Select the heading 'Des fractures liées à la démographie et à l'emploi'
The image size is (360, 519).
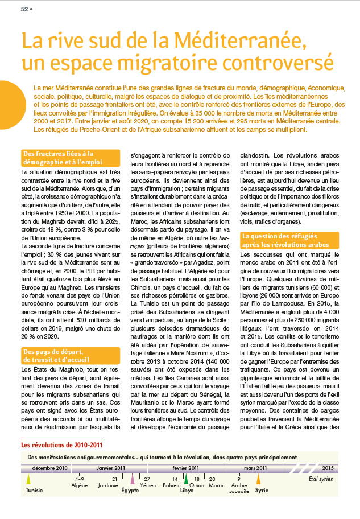click(70, 158)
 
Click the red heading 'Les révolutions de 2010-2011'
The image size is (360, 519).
click(62, 444)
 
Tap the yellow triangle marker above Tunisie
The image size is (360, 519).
click(28, 479)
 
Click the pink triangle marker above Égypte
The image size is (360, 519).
click(133, 479)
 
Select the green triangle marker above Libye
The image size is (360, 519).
click(185, 479)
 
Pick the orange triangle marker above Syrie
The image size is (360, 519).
click(259, 479)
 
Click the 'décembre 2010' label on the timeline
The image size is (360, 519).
click(50, 468)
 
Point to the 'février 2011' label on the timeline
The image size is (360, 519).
click(186, 468)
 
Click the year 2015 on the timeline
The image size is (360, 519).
click(328, 468)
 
